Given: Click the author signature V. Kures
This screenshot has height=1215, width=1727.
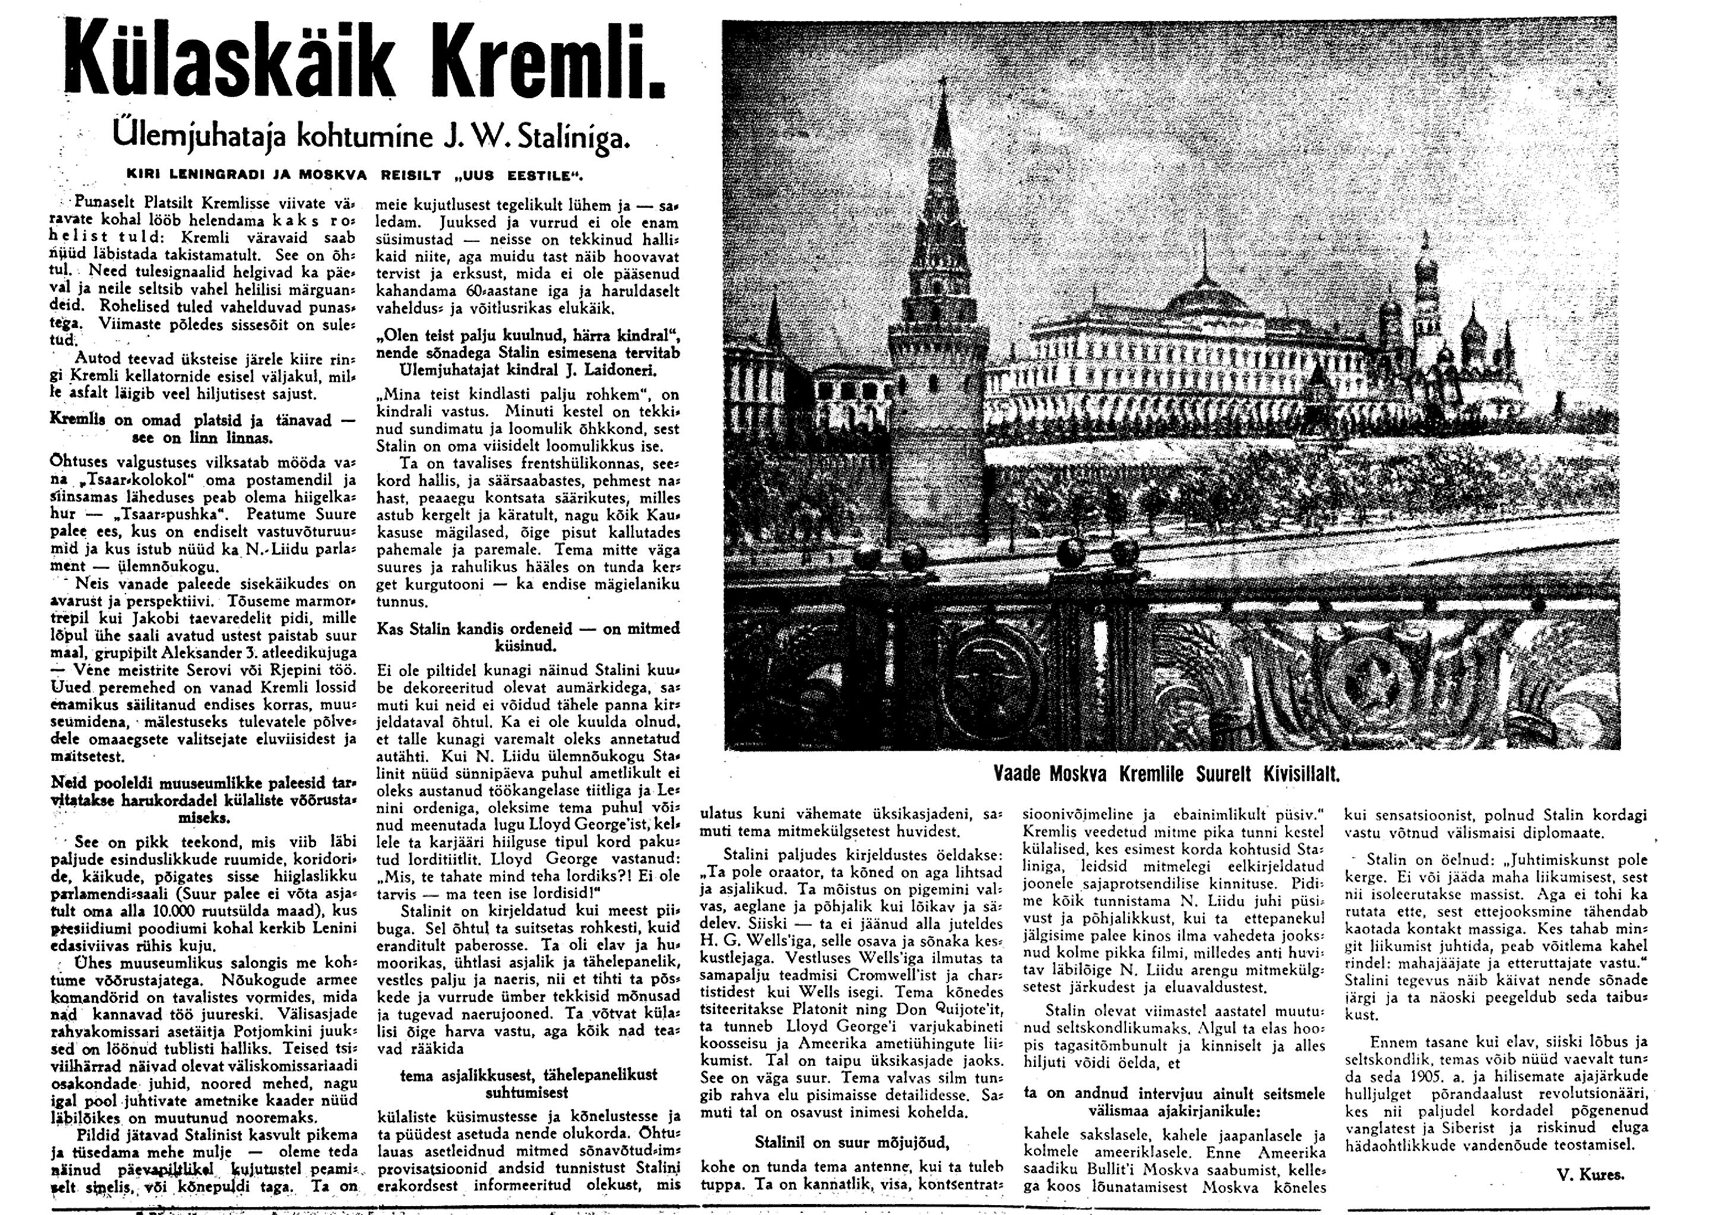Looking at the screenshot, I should [x=1589, y=1173].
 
